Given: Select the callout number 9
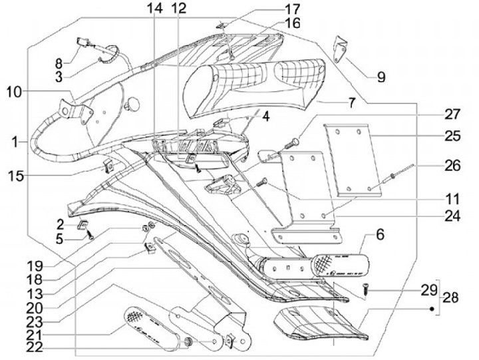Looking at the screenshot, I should point(381,77).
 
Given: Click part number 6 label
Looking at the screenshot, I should point(380,234).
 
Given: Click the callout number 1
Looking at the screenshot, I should point(15,141).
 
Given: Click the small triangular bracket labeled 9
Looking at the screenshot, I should point(341,47).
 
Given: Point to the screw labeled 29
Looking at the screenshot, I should point(366,289).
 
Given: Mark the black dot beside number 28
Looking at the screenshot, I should point(432,309).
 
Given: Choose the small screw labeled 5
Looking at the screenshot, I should point(90,235).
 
